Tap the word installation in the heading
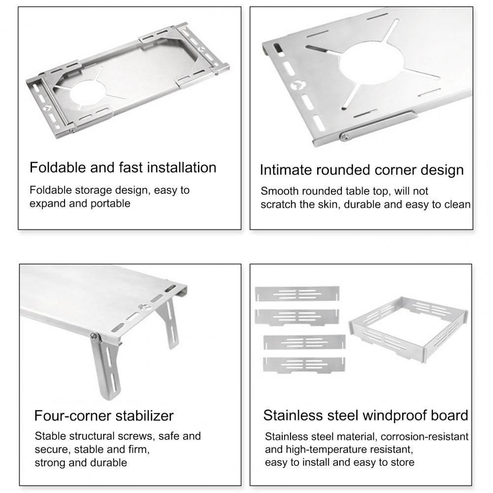click(182, 167)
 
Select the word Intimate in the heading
click(286, 170)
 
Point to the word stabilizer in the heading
click(145, 416)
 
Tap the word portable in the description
click(110, 203)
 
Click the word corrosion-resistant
click(425, 436)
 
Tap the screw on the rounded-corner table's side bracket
click(345, 136)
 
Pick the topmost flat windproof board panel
click(297, 294)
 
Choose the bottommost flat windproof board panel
click(304, 365)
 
